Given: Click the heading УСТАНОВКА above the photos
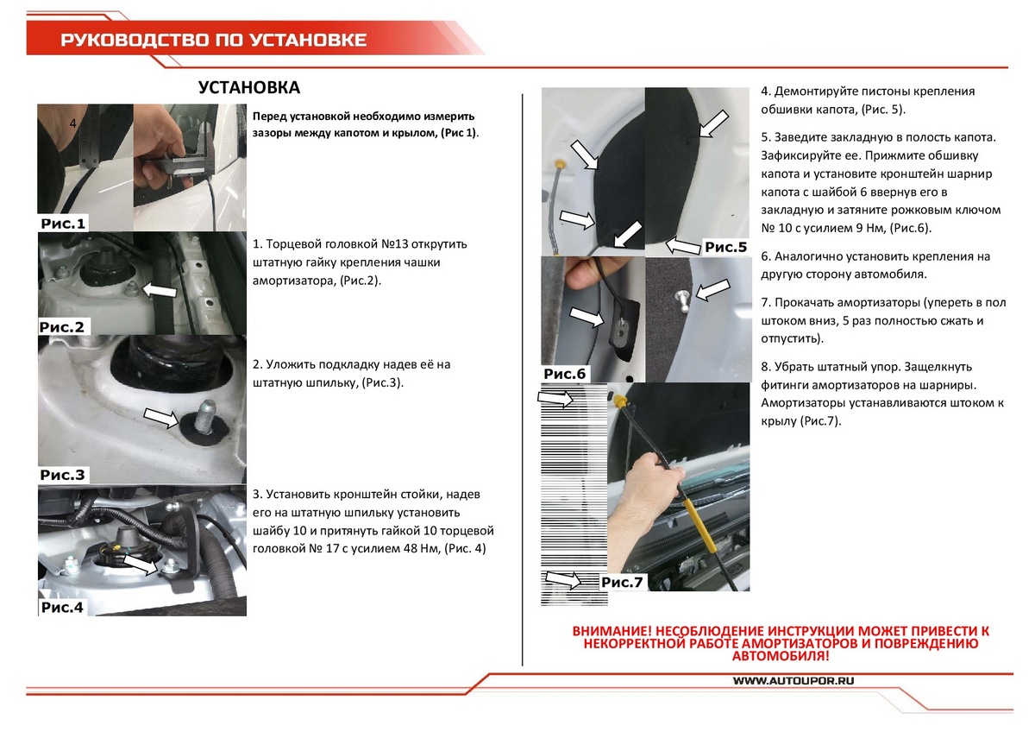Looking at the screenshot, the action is coord(249,87).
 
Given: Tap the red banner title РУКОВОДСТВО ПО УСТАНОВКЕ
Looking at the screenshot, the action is coord(214,41).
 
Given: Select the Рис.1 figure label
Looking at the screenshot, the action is coord(63,224).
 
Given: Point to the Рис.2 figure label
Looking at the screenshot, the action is coord(62,327).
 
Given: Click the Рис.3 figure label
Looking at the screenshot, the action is coord(62,475).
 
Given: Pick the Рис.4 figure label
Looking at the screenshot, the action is coord(62,607).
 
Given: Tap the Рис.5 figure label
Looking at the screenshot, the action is coord(726,248).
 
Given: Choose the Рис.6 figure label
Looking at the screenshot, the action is coord(565,374).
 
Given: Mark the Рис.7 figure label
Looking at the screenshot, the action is coord(622,582).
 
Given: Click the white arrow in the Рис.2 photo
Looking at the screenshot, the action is coord(160,290).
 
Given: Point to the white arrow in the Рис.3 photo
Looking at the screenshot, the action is coord(160,418).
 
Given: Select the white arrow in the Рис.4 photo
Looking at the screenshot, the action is coord(141,565).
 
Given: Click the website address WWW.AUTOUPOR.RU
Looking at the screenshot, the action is coord(793,681).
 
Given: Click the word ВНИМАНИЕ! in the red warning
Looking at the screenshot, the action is coord(612,631).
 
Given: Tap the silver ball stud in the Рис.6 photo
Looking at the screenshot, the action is coord(682,300).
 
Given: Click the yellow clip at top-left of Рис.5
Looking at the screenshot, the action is coord(560,163).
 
